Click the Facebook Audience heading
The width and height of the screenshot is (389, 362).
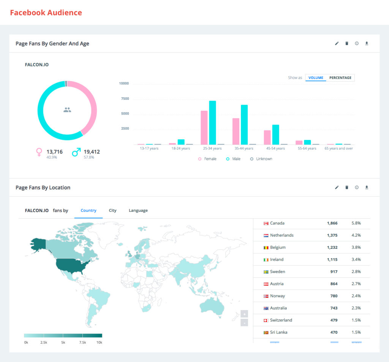pyautogui.click(x=46, y=13)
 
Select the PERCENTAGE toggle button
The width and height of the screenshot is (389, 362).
pyautogui.click(x=340, y=78)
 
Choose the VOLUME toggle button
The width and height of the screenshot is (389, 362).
pyautogui.click(x=316, y=78)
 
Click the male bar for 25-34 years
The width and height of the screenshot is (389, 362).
pyautogui.click(x=212, y=123)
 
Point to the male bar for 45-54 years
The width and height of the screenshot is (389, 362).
pyautogui.click(x=275, y=134)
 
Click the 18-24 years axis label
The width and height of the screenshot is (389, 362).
pyautogui.click(x=180, y=148)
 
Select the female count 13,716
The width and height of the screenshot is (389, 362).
pyautogui.click(x=54, y=152)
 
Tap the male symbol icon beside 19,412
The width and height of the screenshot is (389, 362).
pyautogui.click(x=76, y=153)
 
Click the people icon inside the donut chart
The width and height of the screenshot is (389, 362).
pyautogui.click(x=67, y=110)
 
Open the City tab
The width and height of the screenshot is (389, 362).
pyautogui.click(x=112, y=210)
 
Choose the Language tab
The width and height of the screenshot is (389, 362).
pyautogui.click(x=138, y=210)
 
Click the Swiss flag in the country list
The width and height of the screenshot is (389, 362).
pyautogui.click(x=266, y=320)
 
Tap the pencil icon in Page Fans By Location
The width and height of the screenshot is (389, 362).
pyautogui.click(x=337, y=187)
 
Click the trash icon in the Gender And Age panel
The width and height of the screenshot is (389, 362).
pyautogui.click(x=346, y=44)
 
